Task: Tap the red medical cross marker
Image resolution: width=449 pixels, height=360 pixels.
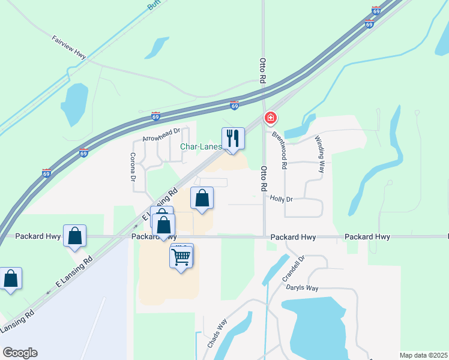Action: pyautogui.click(x=271, y=118)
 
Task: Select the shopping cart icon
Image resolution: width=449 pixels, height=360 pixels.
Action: pyautogui.click(x=182, y=257)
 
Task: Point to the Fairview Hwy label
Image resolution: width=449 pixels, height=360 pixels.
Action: pyautogui.click(x=69, y=48)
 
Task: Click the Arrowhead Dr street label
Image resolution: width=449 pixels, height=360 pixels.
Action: pyautogui.click(x=161, y=135)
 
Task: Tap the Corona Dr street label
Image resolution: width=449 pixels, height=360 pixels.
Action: pyautogui.click(x=133, y=167)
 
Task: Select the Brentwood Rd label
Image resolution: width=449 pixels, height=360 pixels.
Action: pyautogui.click(x=280, y=148)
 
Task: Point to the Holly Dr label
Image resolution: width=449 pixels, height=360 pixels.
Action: pyautogui.click(x=281, y=199)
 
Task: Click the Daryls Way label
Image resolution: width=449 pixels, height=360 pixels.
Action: pyautogui.click(x=321, y=288)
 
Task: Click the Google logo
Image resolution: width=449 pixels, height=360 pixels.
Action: pyautogui.click(x=20, y=353)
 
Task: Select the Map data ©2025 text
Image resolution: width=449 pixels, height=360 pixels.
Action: pyautogui.click(x=423, y=355)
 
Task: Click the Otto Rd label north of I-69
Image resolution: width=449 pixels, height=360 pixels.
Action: pyautogui.click(x=262, y=71)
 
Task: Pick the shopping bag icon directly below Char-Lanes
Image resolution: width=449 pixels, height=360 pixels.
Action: pyautogui.click(x=202, y=197)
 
